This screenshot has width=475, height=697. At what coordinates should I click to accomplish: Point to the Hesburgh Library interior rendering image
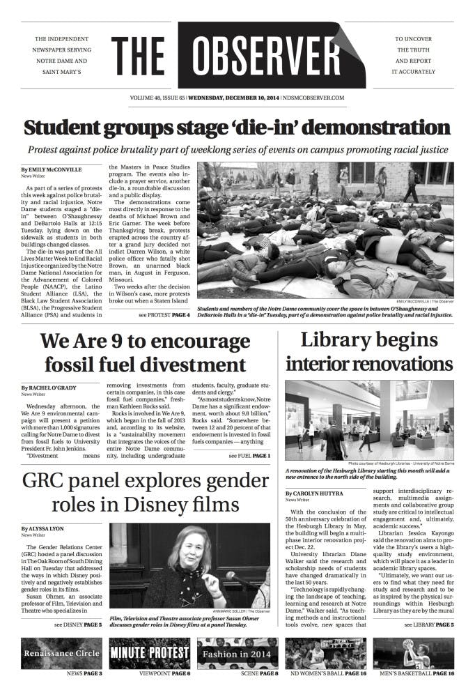pos(368,420)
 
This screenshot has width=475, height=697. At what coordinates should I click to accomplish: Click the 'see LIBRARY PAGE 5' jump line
pos(428,625)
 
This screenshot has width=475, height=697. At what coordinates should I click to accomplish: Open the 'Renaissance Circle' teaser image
pos(62,653)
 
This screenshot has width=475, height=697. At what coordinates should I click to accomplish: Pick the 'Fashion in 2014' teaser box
pos(238,653)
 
